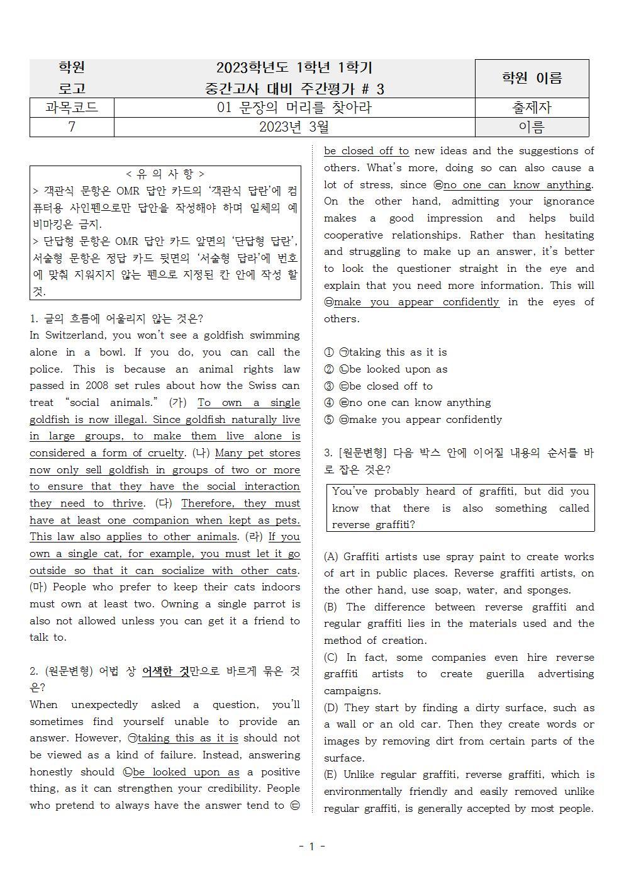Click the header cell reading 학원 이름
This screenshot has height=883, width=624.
532,78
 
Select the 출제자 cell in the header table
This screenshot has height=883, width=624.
532,108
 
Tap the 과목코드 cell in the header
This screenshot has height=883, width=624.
72,108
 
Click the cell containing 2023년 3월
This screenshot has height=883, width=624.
294,127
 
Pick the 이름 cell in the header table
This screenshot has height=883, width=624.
532,127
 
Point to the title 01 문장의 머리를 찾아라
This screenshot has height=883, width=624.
294,108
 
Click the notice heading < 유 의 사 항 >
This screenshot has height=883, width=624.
165,174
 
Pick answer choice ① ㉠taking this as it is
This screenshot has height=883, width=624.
386,352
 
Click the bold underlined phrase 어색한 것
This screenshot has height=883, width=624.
165,672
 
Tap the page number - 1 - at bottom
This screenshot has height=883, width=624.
312,846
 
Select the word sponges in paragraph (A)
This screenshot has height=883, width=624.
549,590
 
